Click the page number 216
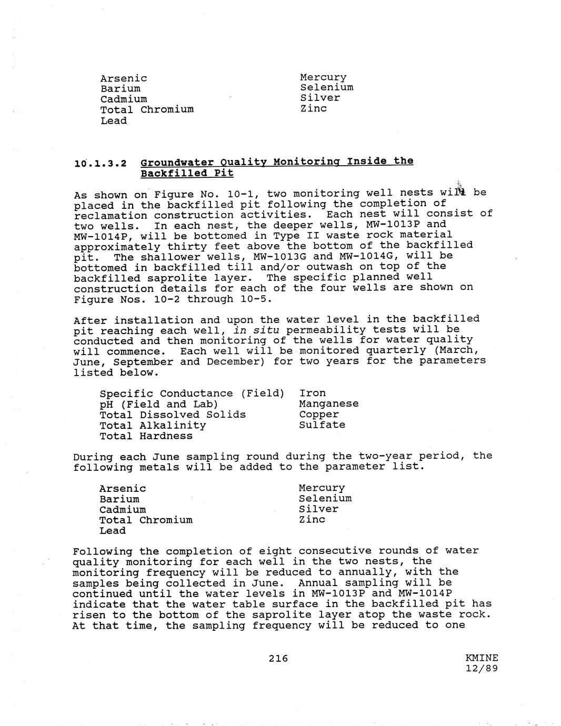[278, 658]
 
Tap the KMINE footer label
[482, 658]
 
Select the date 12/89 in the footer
[482, 668]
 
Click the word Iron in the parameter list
[313, 393]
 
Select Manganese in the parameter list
[329, 404]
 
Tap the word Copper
[319, 414]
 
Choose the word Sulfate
[322, 425]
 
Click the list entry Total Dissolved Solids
[173, 415]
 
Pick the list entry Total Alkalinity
[153, 425]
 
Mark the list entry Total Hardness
[146, 436]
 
